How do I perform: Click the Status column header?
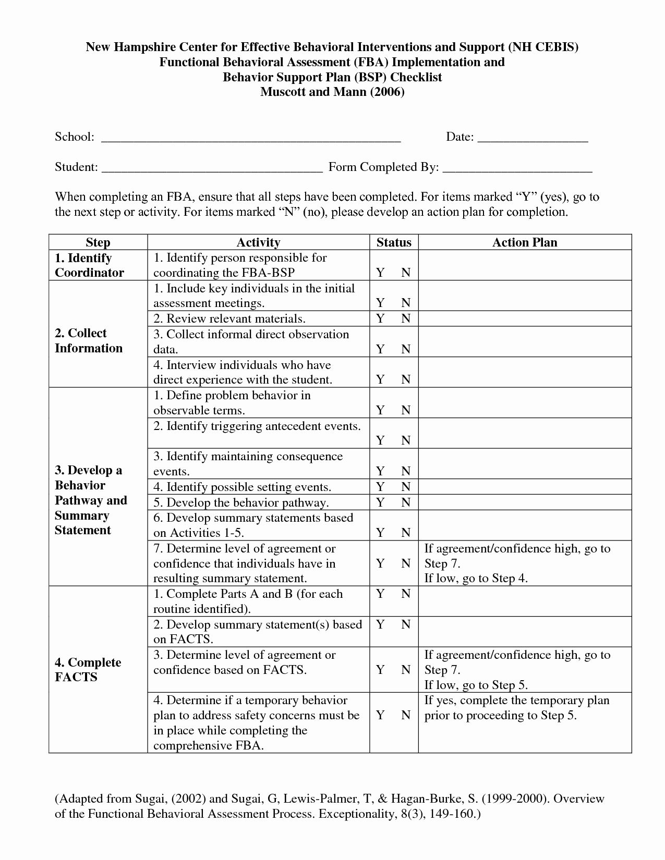(x=394, y=242)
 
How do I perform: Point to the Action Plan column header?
(x=525, y=242)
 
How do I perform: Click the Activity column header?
(x=258, y=242)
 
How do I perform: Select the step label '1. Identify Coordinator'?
(x=89, y=265)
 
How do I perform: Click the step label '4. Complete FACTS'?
(x=88, y=670)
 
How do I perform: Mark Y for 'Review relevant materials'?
(x=381, y=318)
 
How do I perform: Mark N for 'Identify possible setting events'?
(x=406, y=487)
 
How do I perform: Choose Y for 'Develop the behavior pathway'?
(x=381, y=502)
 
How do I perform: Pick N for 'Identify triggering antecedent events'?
(x=406, y=441)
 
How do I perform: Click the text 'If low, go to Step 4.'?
(x=476, y=579)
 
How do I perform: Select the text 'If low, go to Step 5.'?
(x=476, y=685)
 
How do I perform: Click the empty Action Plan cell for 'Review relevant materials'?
(x=525, y=318)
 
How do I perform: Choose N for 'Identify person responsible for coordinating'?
(x=406, y=273)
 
